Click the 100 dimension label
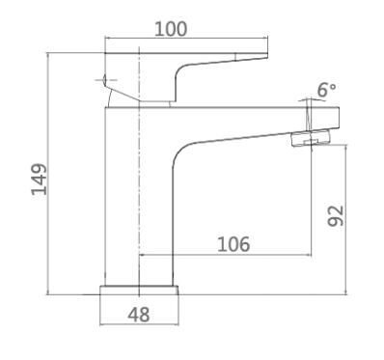pyautogui.click(x=171, y=29)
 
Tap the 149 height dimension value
pyautogui.click(x=40, y=180)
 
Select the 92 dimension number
pyautogui.click(x=336, y=215)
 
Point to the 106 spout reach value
pyautogui.click(x=233, y=244)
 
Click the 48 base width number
pyautogui.click(x=139, y=315)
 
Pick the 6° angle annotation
pyautogui.click(x=326, y=90)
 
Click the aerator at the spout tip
pyautogui.click(x=311, y=138)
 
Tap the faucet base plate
pyautogui.click(x=139, y=290)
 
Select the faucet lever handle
pyautogui.click(x=186, y=76)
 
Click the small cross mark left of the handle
pyautogui.click(x=105, y=80)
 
